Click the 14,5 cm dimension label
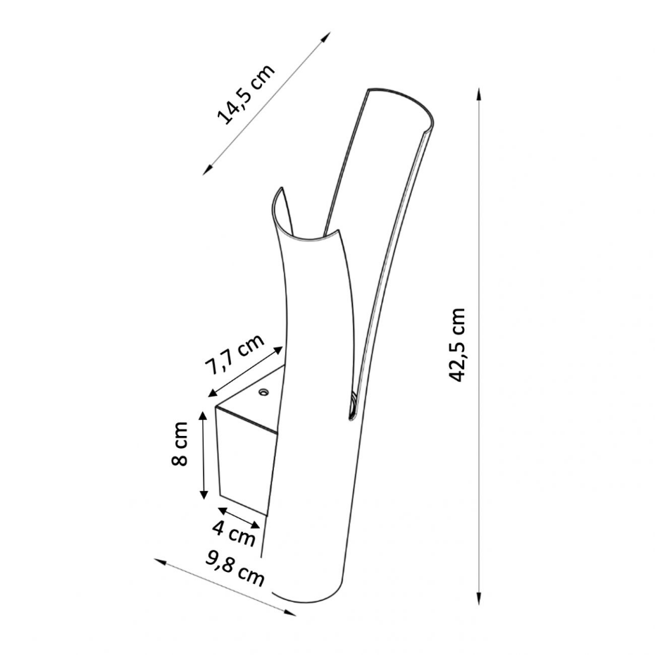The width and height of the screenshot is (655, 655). pos(246,94)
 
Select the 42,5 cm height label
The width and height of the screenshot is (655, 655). pos(456,344)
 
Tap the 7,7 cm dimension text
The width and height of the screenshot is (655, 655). pos(235,354)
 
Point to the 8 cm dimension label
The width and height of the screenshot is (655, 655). pos(180,444)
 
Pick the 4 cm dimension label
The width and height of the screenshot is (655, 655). pos(234,533)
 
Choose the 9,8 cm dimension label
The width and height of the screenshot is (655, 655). pos(235,569)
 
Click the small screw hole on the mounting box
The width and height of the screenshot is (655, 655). pos(263,392)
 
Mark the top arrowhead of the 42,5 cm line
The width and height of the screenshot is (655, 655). pos(479,94)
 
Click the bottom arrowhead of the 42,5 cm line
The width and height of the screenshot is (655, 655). pos(479,598)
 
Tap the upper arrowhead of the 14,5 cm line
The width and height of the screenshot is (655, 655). pos(326,36)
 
